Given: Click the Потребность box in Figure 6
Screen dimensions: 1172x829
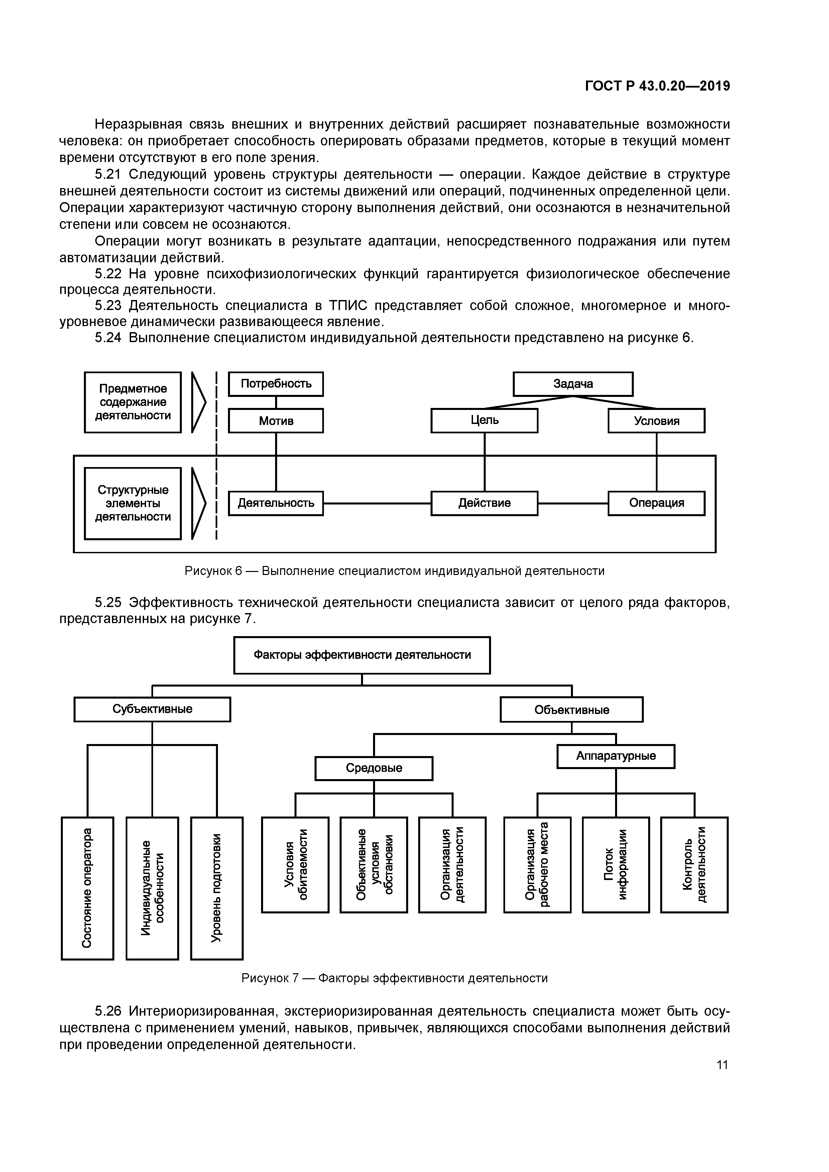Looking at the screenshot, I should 276,384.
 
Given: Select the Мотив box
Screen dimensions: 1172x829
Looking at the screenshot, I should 276,421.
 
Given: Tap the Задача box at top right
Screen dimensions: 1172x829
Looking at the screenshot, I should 573,384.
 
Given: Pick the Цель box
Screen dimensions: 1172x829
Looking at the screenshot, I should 484,421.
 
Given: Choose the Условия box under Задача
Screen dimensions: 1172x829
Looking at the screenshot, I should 657,421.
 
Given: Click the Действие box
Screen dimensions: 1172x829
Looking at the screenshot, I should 484,503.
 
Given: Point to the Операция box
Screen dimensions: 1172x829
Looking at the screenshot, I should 657,503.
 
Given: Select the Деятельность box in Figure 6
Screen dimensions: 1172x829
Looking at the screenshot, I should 276,503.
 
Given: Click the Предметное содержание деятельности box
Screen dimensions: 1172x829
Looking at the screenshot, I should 133,402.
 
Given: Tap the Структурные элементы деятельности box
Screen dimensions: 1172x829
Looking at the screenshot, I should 133,503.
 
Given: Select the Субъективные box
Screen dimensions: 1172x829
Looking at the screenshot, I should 152,709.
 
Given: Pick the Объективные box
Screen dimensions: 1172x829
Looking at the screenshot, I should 572,710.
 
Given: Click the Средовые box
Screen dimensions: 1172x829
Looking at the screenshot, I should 374,768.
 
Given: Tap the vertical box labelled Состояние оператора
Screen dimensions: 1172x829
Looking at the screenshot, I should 87,888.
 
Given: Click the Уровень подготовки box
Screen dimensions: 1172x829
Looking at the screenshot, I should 217,888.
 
